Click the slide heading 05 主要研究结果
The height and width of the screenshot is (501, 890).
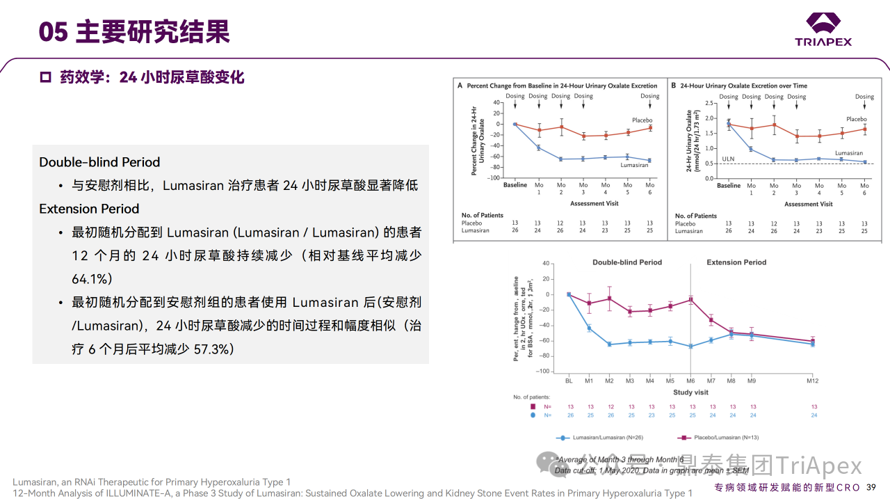[134, 31]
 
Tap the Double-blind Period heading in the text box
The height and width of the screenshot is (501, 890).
[99, 162]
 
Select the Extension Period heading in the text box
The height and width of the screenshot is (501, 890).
[89, 209]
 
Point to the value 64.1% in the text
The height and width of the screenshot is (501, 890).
[92, 278]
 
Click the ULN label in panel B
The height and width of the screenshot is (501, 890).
[727, 159]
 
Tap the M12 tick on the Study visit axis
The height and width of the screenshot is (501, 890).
[813, 381]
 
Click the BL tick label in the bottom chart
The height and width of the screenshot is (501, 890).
[568, 381]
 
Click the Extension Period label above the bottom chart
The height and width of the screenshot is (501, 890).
[736, 262]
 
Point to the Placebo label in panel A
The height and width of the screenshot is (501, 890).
[642, 120]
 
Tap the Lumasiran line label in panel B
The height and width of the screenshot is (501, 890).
[848, 153]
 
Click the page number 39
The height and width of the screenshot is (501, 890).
[871, 487]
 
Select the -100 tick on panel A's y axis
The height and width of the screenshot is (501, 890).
[494, 178]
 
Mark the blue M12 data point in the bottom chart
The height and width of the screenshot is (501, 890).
[813, 344]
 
